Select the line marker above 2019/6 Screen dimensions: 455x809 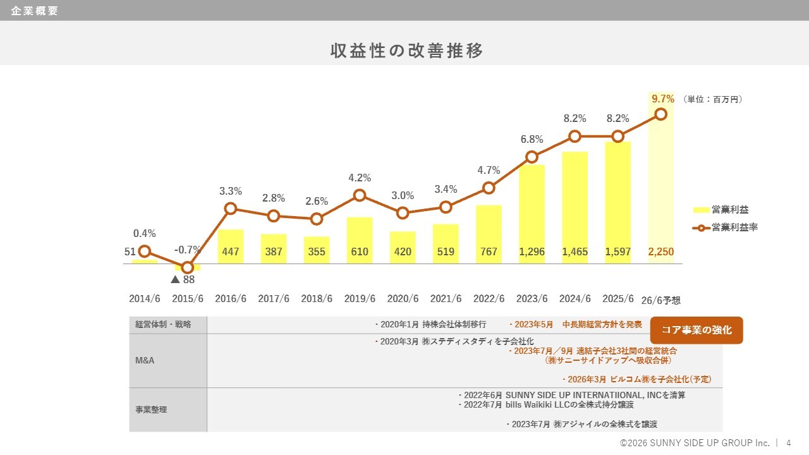coord(360,195)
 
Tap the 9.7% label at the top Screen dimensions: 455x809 coord(662,99)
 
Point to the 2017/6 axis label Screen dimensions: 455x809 coord(274,299)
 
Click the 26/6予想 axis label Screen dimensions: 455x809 coord(661,300)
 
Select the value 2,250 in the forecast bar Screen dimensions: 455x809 coord(661,252)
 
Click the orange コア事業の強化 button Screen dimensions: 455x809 coord(696,330)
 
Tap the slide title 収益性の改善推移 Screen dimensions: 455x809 coord(407,51)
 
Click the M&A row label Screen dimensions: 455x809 coord(145,360)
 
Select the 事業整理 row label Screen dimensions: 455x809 coord(151,409)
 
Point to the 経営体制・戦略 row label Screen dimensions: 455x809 coord(162,325)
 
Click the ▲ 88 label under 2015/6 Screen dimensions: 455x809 coord(183,279)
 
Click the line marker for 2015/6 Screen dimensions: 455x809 coord(188,267)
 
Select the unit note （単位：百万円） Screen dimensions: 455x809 coord(713,99)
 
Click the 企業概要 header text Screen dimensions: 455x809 coord(34,11)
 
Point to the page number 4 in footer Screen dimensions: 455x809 coord(788,443)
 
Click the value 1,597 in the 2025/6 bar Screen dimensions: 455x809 coord(617,252)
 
